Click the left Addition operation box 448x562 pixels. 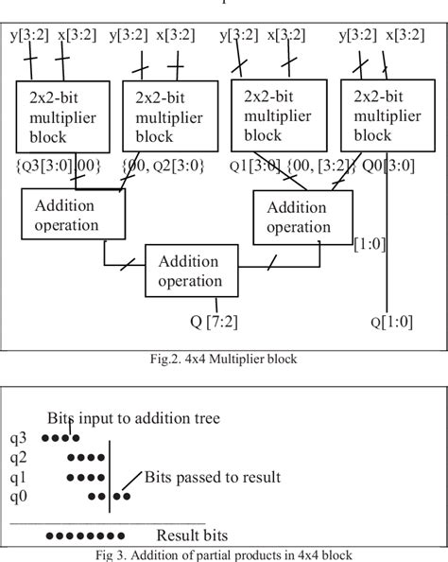point(73,216)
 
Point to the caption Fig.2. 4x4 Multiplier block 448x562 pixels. point(222,358)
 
